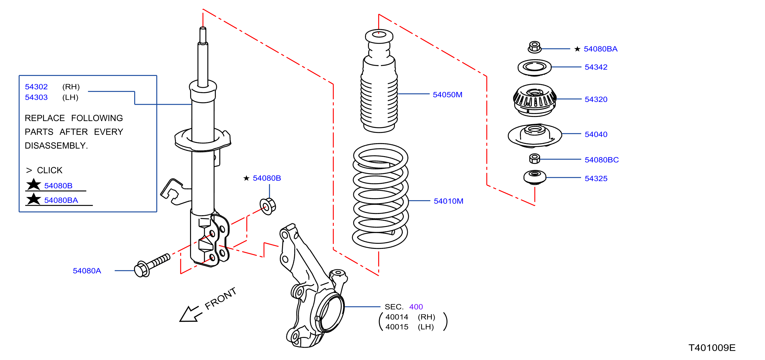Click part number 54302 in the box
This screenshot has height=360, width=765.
[36, 87]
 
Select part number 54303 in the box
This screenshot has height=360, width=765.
[36, 97]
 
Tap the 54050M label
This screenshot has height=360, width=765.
[447, 95]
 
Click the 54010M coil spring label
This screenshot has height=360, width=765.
[449, 201]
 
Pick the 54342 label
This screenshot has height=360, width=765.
[596, 67]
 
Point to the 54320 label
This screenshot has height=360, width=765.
[596, 99]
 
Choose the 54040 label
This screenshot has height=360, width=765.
[596, 134]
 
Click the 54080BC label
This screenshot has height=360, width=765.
[601, 160]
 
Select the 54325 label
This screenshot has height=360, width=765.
[596, 178]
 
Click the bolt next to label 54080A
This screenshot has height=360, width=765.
[152, 265]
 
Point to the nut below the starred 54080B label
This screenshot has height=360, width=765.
[267, 206]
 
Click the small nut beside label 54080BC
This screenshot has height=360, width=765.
[534, 158]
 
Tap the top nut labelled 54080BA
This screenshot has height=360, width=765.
[534, 47]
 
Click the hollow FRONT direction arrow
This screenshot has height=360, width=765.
[190, 314]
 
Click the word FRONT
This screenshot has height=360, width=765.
[220, 298]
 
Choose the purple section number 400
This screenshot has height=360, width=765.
[416, 307]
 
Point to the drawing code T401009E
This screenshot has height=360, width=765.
[712, 348]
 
